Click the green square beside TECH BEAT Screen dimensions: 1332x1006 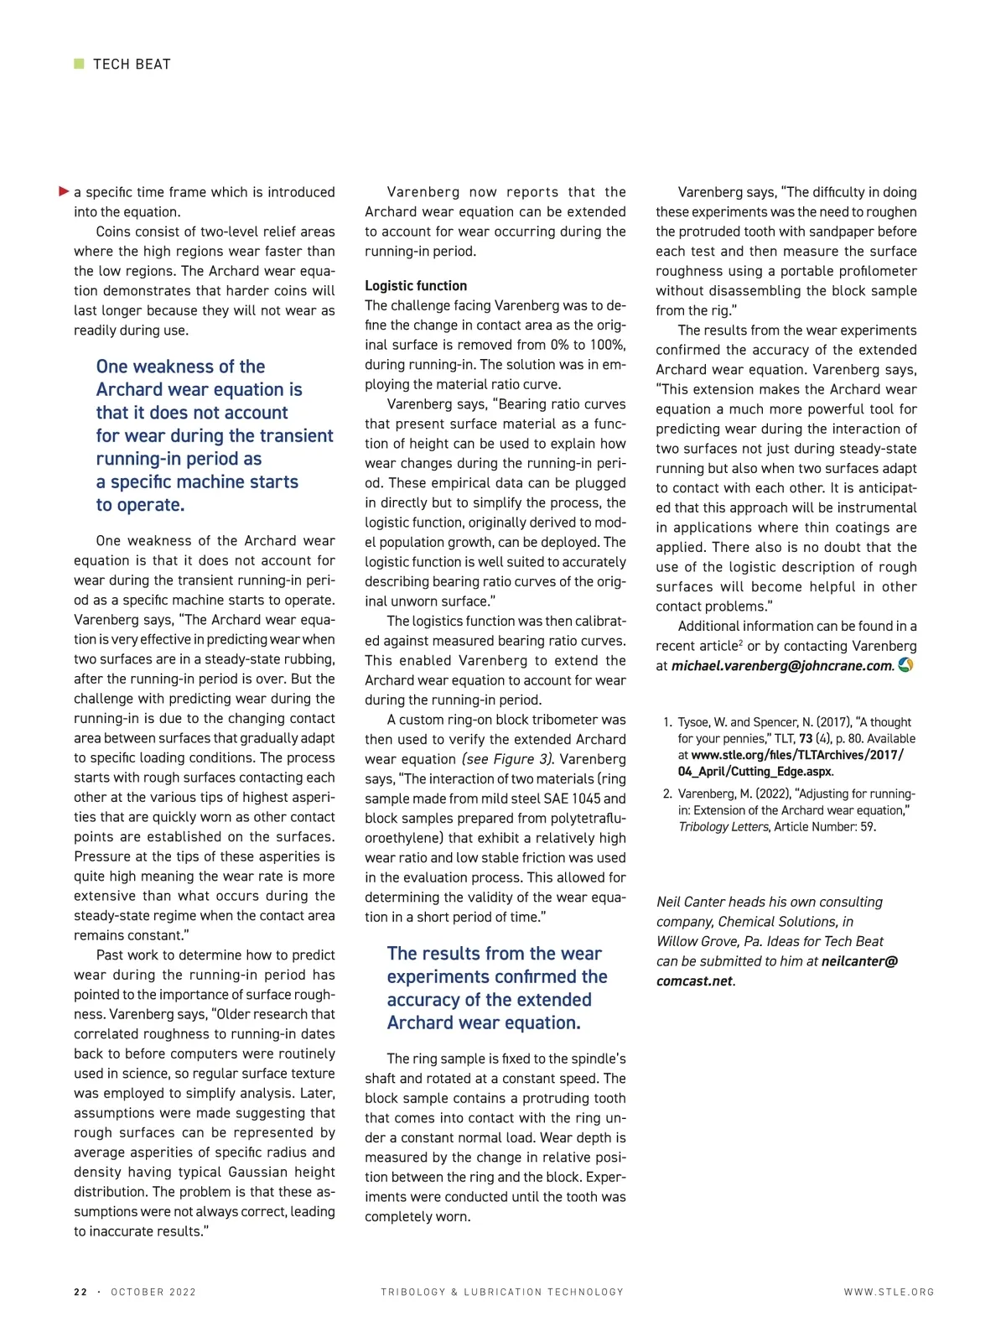pos(79,64)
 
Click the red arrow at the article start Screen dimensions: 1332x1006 pos(64,192)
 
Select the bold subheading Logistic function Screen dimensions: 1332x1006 pos(416,285)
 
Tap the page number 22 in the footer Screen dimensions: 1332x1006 pos(80,1292)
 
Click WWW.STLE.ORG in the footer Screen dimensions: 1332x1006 pos(889,1292)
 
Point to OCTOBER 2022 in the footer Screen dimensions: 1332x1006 pos(153,1292)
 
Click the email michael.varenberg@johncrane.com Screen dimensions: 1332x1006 pos(782,666)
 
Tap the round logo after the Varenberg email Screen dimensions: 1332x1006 pos(905,665)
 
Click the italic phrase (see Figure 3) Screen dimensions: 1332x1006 pos(508,759)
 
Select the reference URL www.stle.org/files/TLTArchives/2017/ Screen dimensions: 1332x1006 pos(797,755)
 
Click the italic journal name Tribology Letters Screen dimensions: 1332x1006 pos(723,827)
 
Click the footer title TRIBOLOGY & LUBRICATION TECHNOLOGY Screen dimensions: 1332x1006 pos(502,1292)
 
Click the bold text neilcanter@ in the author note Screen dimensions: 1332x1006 pos(859,961)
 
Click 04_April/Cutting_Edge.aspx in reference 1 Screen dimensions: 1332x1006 pos(754,772)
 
